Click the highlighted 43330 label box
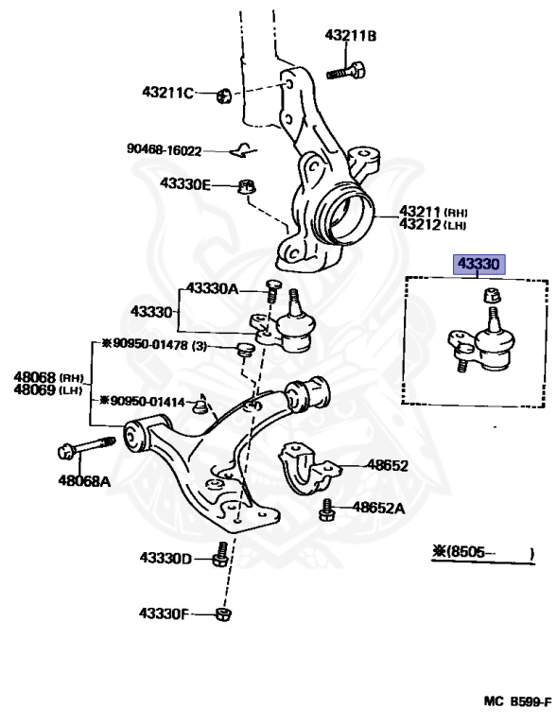point(479,265)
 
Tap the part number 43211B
point(351,35)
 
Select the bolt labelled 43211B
point(346,71)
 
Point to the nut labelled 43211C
point(223,96)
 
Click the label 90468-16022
point(165,150)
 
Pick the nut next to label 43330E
point(247,187)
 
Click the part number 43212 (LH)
point(433,225)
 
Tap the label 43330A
point(212,289)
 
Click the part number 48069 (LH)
point(47,389)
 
